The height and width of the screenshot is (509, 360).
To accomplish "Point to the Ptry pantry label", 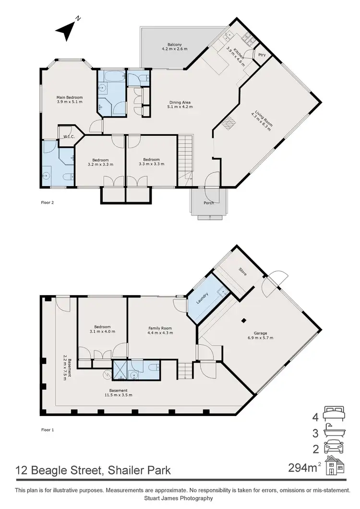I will (x=262, y=55).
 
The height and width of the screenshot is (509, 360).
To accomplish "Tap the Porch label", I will (x=209, y=203).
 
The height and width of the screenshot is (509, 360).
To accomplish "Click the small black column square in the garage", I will (x=244, y=320).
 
